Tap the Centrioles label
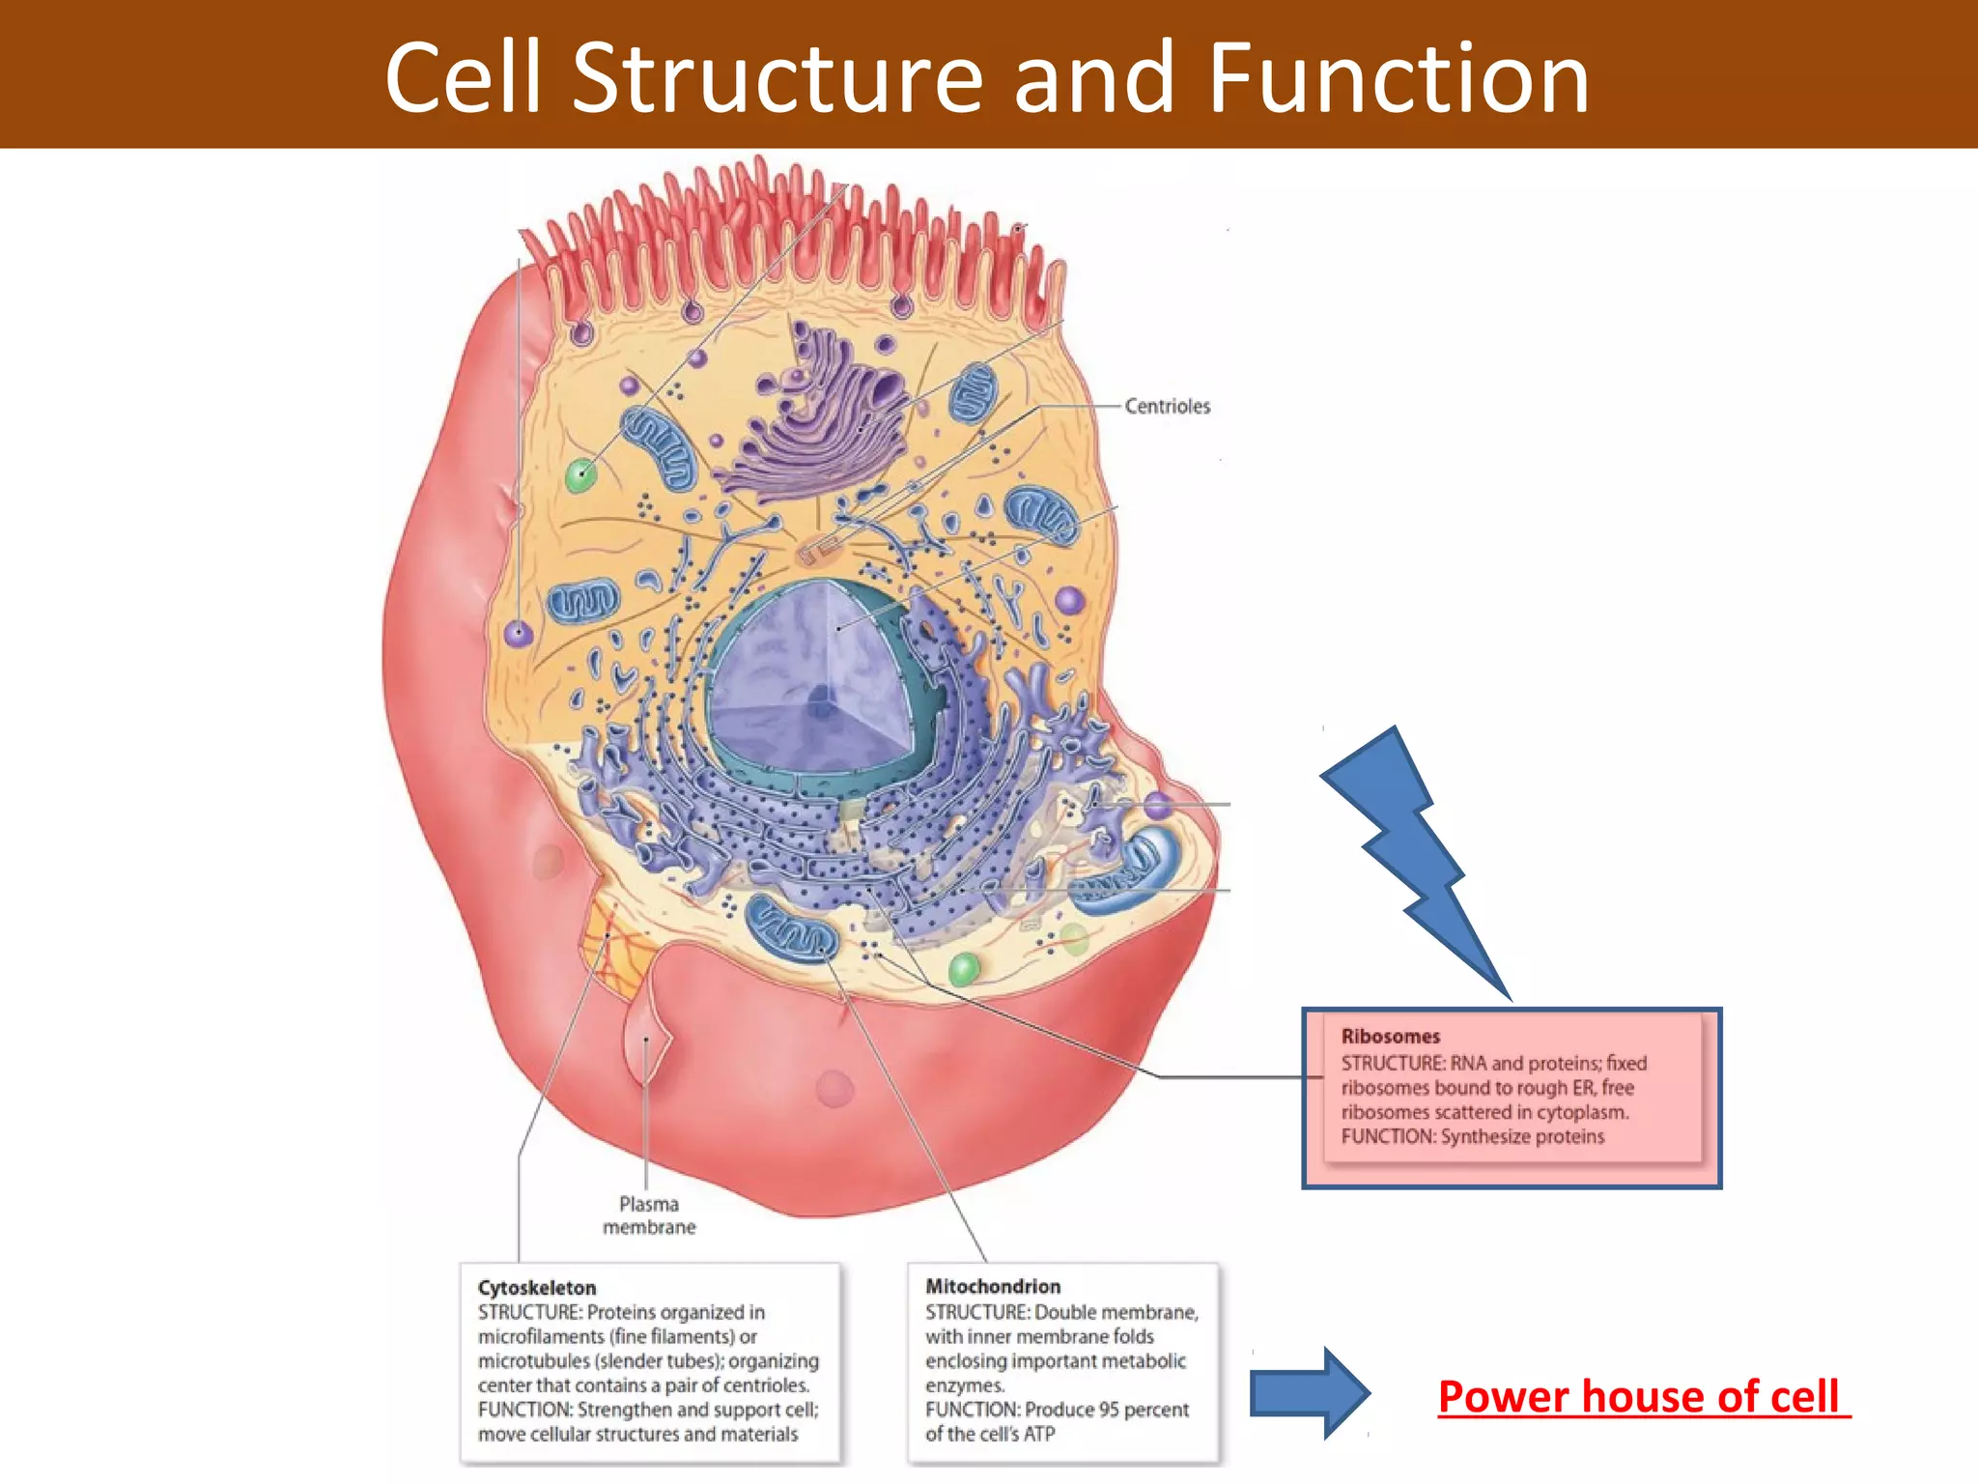(x=1167, y=407)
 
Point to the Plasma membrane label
(x=649, y=1215)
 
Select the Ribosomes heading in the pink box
(x=1390, y=1037)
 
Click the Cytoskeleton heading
(x=537, y=1288)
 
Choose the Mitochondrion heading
(x=993, y=1287)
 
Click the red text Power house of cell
(x=1639, y=1397)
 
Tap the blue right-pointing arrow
(x=1309, y=1393)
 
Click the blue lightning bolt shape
(x=1410, y=850)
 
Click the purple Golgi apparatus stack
(x=821, y=415)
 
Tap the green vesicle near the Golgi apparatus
(x=580, y=474)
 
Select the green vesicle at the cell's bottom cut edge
(x=964, y=969)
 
